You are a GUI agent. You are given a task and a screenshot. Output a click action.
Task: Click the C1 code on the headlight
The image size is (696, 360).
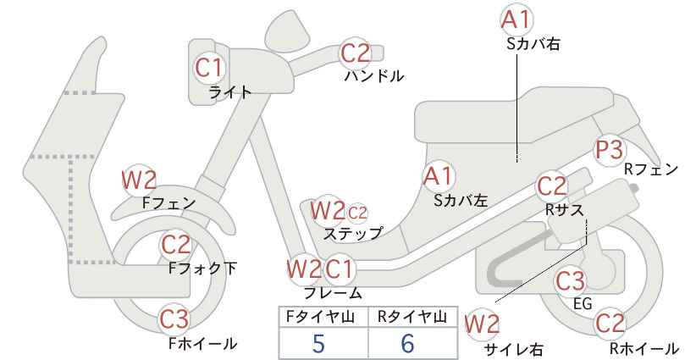(209, 68)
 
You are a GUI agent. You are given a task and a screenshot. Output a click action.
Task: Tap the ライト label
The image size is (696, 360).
(230, 91)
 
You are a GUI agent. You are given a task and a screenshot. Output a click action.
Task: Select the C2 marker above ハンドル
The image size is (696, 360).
(355, 53)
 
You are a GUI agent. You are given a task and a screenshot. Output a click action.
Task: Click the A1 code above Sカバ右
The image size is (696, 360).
(516, 20)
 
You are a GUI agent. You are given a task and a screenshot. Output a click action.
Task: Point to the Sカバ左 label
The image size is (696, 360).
(461, 201)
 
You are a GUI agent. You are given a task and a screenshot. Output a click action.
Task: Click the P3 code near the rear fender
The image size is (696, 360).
(609, 150)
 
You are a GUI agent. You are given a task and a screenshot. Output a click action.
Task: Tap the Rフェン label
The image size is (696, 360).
(651, 169)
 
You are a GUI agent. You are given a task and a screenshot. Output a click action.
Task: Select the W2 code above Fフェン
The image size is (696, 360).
(139, 180)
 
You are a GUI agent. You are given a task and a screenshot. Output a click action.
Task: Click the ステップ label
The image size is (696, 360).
(352, 234)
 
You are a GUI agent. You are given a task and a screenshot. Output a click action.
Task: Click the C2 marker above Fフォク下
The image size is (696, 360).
(176, 245)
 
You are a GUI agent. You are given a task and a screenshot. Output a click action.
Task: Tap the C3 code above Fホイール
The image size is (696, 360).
(174, 318)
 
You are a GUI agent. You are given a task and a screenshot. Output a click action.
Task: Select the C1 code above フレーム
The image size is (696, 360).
(340, 269)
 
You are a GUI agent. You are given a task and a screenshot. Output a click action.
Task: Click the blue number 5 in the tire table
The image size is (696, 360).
(318, 343)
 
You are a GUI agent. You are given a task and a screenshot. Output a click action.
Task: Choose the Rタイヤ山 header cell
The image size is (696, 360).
(412, 316)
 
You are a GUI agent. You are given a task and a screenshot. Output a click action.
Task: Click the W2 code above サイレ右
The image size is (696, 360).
(482, 324)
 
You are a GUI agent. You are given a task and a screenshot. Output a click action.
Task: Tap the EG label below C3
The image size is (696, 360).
(583, 303)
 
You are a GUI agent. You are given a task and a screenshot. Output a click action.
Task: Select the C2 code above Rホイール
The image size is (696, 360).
(610, 323)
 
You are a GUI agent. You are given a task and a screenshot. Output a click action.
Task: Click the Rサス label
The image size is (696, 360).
(564, 210)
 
